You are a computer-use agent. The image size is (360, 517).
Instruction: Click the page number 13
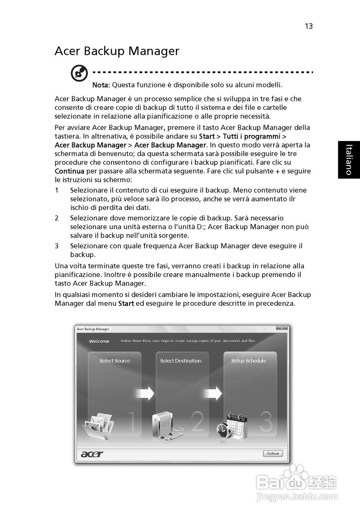309,26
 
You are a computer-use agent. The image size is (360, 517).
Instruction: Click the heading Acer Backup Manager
117,51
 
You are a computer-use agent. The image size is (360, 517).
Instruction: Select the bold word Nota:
101,85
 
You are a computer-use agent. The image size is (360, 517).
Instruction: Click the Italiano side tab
349,160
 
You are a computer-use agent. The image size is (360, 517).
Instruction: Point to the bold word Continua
69,171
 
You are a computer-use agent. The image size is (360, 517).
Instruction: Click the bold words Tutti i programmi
251,137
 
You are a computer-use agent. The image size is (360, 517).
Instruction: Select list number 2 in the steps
57,218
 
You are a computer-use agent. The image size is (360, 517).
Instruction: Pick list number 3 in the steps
57,246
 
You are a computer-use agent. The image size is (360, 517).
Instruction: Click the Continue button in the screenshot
273,454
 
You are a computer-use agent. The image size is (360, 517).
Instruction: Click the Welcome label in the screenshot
99,341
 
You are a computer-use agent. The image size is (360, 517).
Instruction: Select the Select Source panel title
115,361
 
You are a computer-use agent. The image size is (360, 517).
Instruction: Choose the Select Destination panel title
180,361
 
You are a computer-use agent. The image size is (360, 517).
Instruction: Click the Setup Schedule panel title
249,361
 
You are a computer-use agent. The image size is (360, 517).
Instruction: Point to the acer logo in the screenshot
92,454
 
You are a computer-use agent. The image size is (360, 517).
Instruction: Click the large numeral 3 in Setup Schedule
266,422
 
